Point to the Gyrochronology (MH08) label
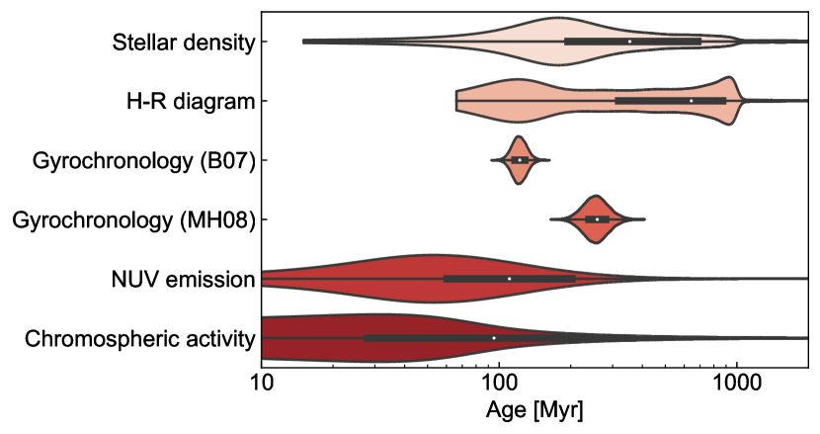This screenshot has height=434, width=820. point(133,219)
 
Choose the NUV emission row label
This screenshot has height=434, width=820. point(184,279)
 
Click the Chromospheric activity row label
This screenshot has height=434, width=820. point(139,338)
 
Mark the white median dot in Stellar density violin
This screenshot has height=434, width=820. point(629,42)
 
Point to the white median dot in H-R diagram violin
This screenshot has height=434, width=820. point(692,101)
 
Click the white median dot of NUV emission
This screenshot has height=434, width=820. point(510,279)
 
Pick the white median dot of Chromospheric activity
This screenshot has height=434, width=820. point(493,338)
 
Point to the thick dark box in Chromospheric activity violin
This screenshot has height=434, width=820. point(425,338)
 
